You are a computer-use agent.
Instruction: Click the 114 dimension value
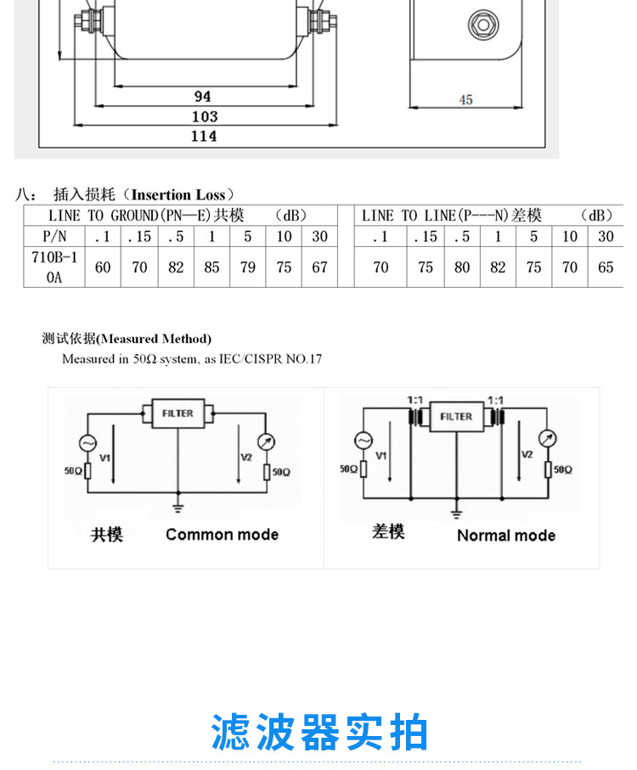(x=204, y=136)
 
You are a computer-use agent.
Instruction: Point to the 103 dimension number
(x=205, y=117)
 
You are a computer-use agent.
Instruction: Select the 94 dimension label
(x=203, y=96)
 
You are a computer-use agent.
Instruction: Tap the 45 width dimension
(x=465, y=99)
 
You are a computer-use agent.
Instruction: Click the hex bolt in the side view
(x=483, y=25)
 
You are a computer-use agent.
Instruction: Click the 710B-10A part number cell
(x=54, y=267)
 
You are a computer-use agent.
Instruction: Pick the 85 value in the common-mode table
(x=211, y=267)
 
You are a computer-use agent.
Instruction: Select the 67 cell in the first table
(x=319, y=267)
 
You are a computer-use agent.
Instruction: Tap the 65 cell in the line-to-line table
(x=606, y=267)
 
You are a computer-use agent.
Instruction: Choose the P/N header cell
(x=54, y=236)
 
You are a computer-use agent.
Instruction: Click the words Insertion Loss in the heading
(x=178, y=195)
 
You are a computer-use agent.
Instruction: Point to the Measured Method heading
(x=127, y=339)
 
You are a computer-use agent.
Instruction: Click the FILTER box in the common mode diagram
(x=178, y=413)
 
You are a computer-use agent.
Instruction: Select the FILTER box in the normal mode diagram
(x=456, y=417)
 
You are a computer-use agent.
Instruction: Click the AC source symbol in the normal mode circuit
(x=364, y=441)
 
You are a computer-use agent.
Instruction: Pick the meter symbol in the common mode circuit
(x=266, y=442)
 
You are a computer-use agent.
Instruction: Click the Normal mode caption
(x=506, y=536)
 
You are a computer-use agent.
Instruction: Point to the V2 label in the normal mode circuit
(x=527, y=454)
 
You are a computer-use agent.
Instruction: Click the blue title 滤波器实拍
(x=319, y=732)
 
